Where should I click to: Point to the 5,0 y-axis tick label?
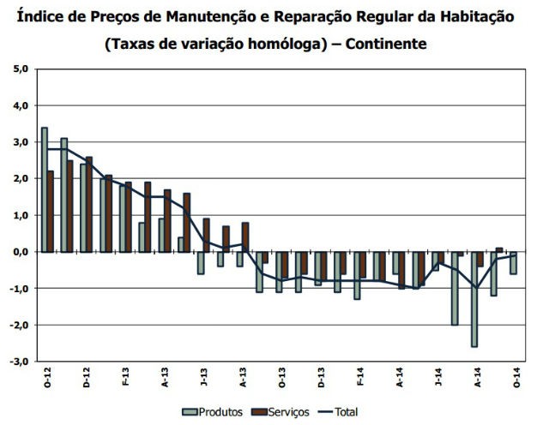[x=20, y=69]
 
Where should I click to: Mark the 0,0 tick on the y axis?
[x=20, y=252]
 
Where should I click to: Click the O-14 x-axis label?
[x=513, y=376]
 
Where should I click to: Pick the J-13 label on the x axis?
[x=202, y=376]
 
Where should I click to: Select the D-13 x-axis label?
[x=319, y=376]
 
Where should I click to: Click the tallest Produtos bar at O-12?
[x=44, y=189]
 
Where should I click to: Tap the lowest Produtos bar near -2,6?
[x=474, y=299]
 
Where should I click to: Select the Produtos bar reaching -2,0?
[x=454, y=288]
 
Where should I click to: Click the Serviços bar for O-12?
[x=51, y=212]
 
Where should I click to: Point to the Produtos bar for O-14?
[x=513, y=262]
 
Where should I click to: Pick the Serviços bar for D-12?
[x=89, y=204]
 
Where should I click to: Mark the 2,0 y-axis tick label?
[x=20, y=178]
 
